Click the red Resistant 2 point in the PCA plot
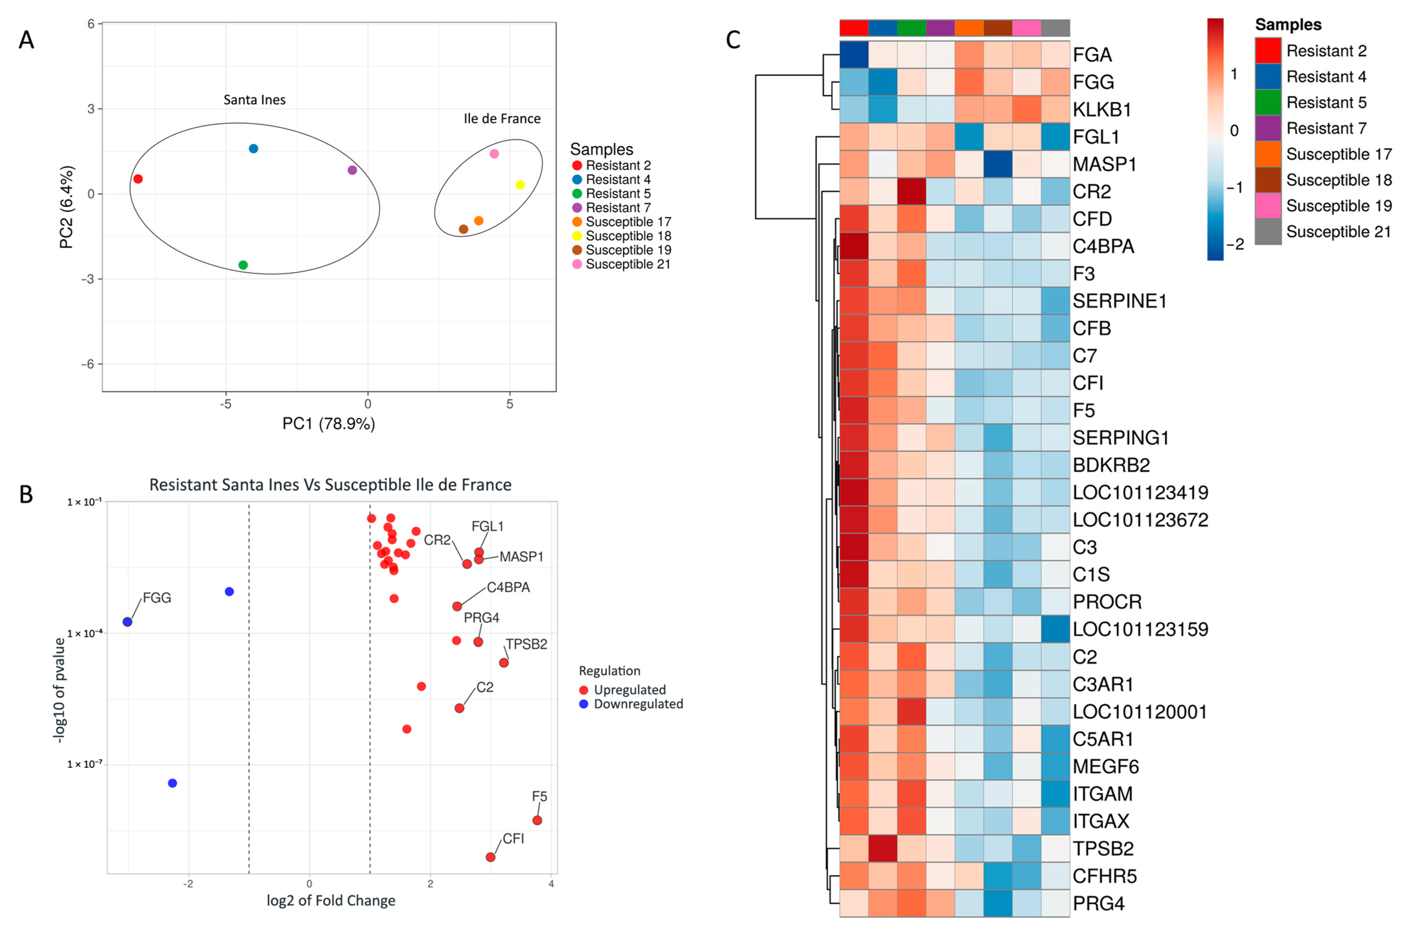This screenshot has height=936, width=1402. point(138,179)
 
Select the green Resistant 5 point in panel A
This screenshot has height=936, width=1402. point(243,265)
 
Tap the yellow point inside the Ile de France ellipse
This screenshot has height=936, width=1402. point(520,185)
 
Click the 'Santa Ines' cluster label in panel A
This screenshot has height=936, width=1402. point(254,100)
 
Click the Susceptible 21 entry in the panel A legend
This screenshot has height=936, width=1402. point(627,264)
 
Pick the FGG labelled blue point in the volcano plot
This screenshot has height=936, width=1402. point(127,622)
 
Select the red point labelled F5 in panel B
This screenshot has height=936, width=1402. point(537,820)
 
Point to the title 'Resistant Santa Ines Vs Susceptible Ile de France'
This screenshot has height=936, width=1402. point(330,485)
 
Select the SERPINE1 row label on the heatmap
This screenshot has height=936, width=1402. point(1119,301)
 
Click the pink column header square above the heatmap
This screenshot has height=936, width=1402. point(1027,28)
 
